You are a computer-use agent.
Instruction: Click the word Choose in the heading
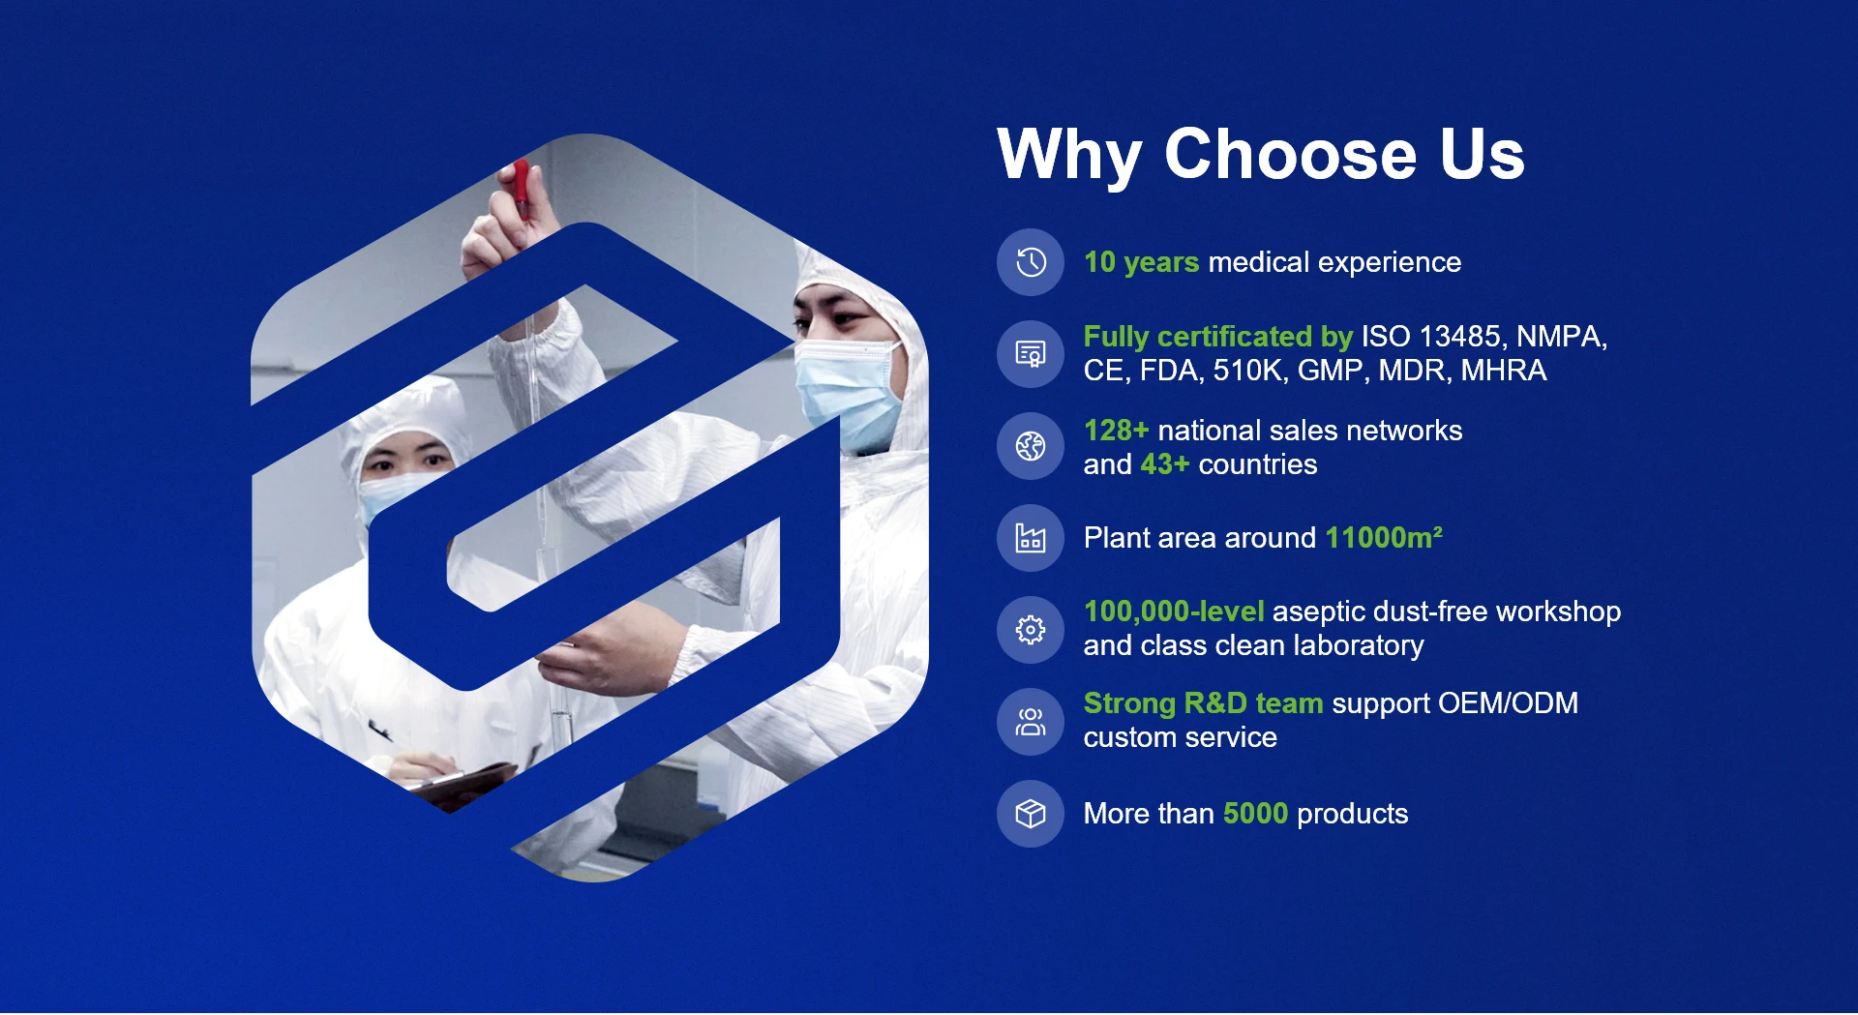pyautogui.click(x=1290, y=154)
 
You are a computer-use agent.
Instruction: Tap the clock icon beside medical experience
pyautogui.click(x=1031, y=262)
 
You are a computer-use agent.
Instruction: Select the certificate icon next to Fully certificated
pyautogui.click(x=1031, y=354)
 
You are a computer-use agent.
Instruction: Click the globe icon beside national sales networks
pyautogui.click(x=1031, y=446)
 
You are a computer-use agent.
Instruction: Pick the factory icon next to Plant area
pyautogui.click(x=1031, y=538)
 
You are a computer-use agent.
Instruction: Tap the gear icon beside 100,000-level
pyautogui.click(x=1031, y=630)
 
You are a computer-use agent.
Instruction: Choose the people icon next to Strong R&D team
pyautogui.click(x=1031, y=722)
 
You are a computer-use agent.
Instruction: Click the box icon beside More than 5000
pyautogui.click(x=1031, y=814)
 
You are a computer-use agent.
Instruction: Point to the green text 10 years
pyautogui.click(x=1142, y=262)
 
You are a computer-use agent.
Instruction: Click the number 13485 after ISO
pyautogui.click(x=1459, y=336)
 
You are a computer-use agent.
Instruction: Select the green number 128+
pyautogui.click(x=1116, y=431)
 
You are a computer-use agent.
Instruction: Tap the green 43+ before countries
pyautogui.click(x=1165, y=464)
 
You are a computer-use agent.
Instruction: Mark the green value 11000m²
pyautogui.click(x=1384, y=537)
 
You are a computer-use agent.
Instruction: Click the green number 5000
pyautogui.click(x=1255, y=814)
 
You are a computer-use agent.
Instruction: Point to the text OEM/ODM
pyautogui.click(x=1508, y=703)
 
